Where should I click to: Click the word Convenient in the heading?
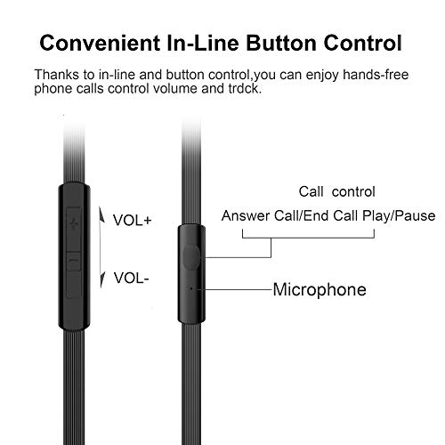(x=100, y=44)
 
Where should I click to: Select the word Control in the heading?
(x=362, y=44)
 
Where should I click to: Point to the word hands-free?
(x=376, y=75)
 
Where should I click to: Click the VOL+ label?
(x=133, y=221)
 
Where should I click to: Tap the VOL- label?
(x=131, y=278)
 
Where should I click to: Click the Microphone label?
(x=320, y=289)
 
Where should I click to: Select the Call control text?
(x=336, y=191)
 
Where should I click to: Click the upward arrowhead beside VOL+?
(x=102, y=214)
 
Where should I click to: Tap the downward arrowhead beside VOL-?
(x=102, y=279)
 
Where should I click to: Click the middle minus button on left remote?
(x=74, y=261)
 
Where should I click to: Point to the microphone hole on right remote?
(x=191, y=288)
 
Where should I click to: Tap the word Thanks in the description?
(x=56, y=75)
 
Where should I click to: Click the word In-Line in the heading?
(x=203, y=44)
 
